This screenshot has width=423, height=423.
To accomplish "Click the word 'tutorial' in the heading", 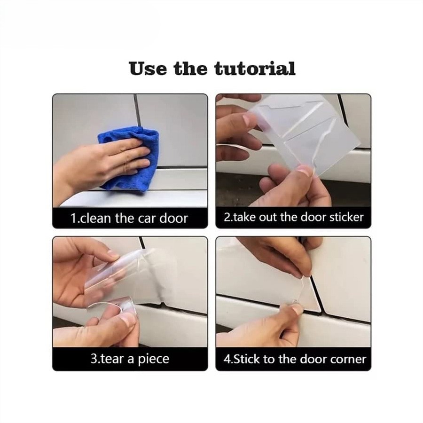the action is coord(255,69).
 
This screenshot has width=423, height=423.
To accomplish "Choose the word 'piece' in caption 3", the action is coord(154,359).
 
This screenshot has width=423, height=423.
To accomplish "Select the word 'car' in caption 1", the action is coord(148,218).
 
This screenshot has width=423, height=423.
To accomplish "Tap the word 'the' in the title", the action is coord(190,69).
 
